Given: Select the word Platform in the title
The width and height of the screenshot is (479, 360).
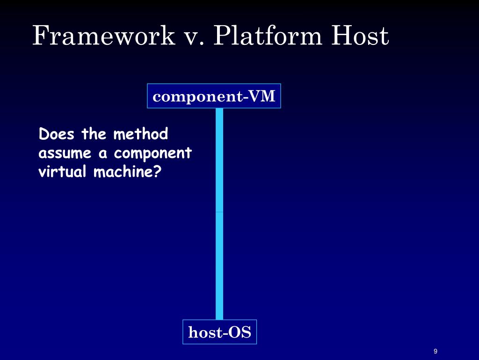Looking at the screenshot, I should [x=268, y=36].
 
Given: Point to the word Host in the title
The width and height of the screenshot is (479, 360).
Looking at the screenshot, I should [x=360, y=36].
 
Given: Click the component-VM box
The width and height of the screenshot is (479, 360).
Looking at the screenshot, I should [x=214, y=96].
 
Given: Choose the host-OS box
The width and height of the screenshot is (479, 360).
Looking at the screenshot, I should [x=219, y=332].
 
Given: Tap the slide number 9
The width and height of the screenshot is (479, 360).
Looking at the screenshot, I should [x=435, y=352].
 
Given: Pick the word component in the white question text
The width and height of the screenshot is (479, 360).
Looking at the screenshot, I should [x=153, y=154].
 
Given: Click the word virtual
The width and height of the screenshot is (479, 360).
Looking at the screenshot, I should [x=62, y=172].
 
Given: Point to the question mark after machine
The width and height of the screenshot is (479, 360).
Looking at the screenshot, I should [x=158, y=172].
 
